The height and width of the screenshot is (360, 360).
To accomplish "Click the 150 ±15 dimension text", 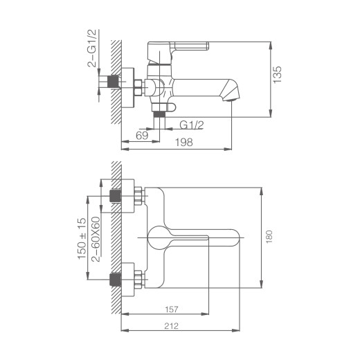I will coord(82,239).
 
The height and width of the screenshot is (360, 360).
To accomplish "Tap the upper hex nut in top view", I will coord(138,198).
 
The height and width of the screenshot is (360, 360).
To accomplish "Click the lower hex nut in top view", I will coord(138,280).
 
